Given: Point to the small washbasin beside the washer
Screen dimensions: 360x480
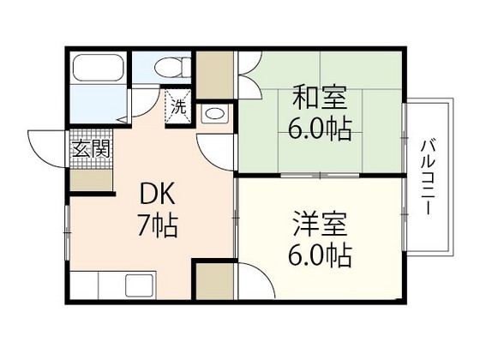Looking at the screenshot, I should (215, 113).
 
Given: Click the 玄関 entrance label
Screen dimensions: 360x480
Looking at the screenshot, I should (91, 147).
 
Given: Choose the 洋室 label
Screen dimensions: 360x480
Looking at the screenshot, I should (318, 226).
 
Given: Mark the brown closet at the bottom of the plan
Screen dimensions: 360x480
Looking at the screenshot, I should (213, 281).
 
